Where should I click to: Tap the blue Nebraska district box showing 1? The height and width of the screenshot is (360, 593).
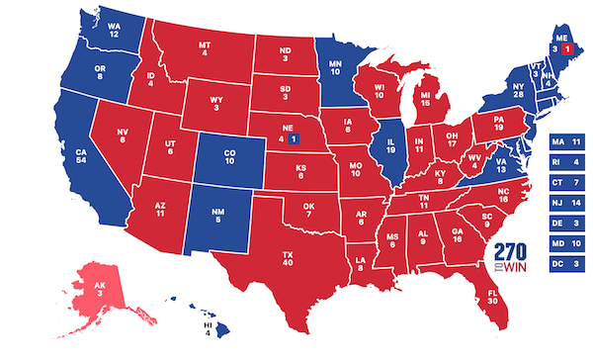click(294, 139)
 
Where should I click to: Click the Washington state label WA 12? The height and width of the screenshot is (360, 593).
click(115, 30)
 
